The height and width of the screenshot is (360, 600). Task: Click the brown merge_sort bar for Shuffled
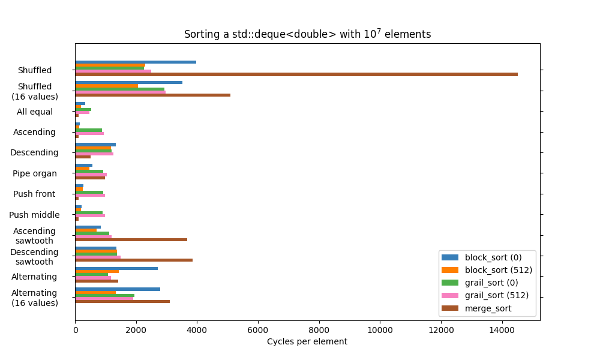coord(296,74)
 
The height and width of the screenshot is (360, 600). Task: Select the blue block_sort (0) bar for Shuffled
coord(136,62)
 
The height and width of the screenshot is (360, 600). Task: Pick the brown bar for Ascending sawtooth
coord(131,239)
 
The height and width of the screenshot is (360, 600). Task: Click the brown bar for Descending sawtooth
coord(134,260)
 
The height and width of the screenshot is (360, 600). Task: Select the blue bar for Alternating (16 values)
coord(118,289)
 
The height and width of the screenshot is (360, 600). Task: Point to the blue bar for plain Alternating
coord(116,268)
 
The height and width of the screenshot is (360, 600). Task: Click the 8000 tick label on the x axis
coord(319,329)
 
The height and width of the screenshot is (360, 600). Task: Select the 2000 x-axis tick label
coord(136,329)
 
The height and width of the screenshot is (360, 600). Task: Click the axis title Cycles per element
coord(307,341)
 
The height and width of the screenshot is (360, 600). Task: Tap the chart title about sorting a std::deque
coord(307,34)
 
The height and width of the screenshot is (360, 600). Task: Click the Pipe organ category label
coord(35,173)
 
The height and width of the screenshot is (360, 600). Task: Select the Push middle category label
coord(34,215)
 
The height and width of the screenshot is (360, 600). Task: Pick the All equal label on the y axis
coord(35,112)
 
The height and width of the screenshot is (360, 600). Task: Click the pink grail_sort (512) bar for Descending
coord(94,154)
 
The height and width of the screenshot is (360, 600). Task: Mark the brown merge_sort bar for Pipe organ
coord(90,178)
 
